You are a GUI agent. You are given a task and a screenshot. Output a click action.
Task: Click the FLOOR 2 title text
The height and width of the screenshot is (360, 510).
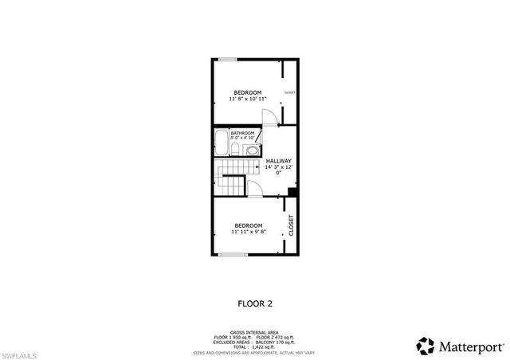[255, 303]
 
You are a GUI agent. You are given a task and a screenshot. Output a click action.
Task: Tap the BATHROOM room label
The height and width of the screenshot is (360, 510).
[243, 133]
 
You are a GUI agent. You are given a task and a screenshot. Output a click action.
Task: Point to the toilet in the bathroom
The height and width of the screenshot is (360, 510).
[251, 149]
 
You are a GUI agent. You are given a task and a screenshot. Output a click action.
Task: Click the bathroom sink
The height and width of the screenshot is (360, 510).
[237, 149]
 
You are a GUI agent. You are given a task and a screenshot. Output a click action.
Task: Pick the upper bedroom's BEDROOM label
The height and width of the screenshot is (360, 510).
[247, 92]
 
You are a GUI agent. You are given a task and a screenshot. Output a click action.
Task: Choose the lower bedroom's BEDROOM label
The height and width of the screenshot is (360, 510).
[247, 225]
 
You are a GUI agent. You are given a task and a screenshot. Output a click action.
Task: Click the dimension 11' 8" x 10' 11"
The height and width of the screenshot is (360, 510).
[247, 100]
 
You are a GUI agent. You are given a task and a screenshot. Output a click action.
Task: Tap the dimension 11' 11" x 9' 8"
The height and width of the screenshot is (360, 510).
[247, 232]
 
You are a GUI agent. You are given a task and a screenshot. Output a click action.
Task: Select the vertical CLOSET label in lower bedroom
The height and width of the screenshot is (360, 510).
[291, 225]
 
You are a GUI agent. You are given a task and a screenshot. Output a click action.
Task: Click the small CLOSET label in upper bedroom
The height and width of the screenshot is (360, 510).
[290, 92]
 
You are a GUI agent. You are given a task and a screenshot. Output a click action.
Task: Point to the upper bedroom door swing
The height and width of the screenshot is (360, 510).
[271, 117]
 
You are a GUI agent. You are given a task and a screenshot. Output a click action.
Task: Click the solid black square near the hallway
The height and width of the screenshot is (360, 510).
[292, 192]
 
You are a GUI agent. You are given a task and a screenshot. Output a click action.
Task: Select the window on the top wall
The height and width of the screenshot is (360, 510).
[228, 58]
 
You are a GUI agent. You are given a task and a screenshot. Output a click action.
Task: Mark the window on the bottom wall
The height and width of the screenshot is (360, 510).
[231, 255]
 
